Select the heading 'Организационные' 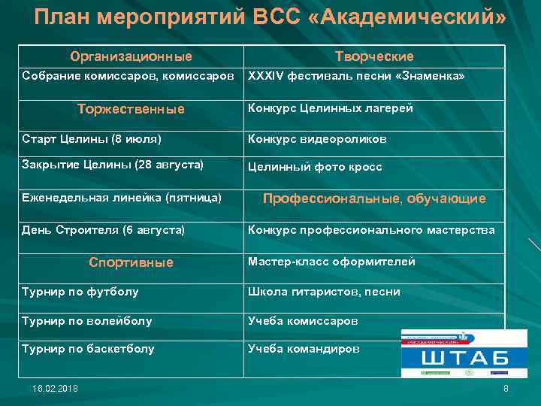tap(131, 56)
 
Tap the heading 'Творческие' tap(373, 56)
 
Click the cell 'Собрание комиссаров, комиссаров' tap(128, 77)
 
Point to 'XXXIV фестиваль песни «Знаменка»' tap(356, 77)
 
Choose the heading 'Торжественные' tap(131, 109)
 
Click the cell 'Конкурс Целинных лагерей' tap(331, 108)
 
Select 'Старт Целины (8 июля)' tap(92, 139)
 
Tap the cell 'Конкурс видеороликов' tap(318, 139)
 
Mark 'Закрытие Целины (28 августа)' tap(113, 163)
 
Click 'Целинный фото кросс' tap(315, 167)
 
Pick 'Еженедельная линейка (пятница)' tap(122, 198)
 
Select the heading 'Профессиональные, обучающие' tap(373, 198)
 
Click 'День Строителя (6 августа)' tap(104, 229)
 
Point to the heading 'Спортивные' tap(131, 262)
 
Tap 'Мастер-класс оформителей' tap(331, 262)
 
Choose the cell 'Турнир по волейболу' tap(87, 321)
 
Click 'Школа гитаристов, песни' tap(324, 292)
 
